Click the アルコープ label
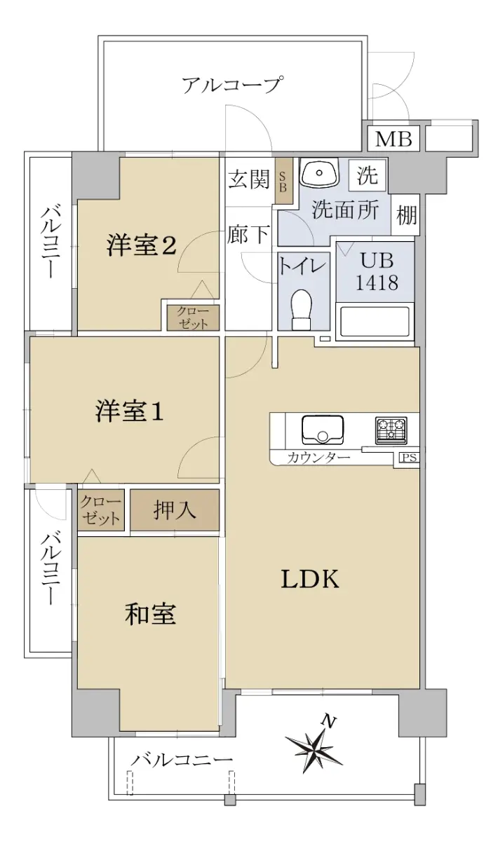point(231,85)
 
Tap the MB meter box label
point(393,139)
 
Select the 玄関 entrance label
point(249,179)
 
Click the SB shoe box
point(284,181)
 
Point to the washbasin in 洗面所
point(319,172)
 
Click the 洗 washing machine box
point(368,175)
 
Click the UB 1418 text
point(377,271)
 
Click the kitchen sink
point(323,430)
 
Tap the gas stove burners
point(391,430)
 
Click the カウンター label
point(318,457)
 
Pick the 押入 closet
point(175,510)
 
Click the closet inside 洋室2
point(193,317)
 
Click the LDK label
point(311,579)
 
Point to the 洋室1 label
point(129,411)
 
